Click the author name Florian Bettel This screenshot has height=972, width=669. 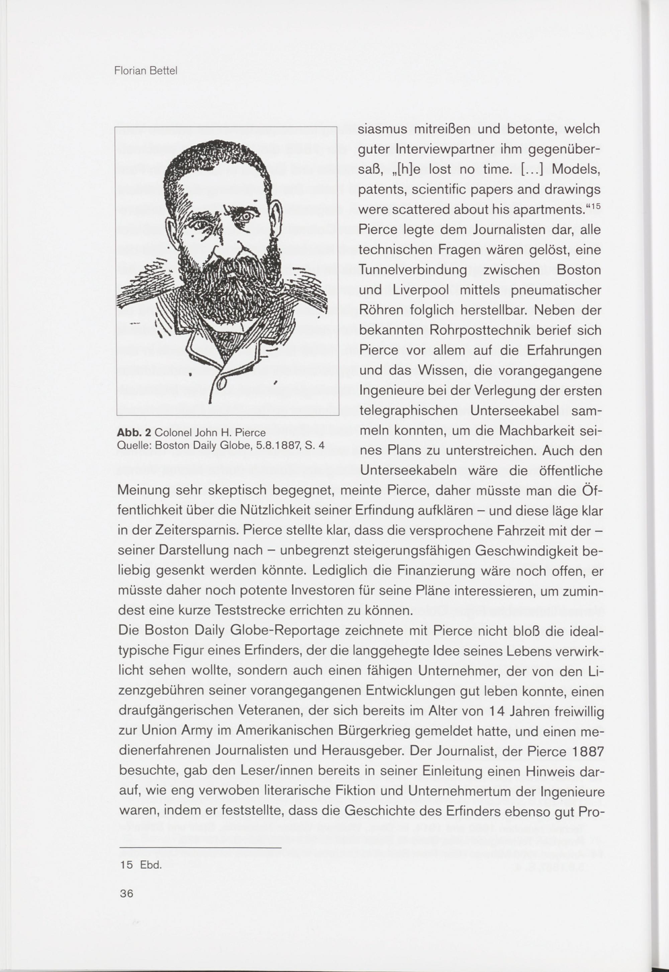coord(146,71)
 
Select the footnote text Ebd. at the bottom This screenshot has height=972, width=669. coord(151,865)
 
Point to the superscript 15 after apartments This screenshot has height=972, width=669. coord(596,207)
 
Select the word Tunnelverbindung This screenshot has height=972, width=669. coord(413,270)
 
